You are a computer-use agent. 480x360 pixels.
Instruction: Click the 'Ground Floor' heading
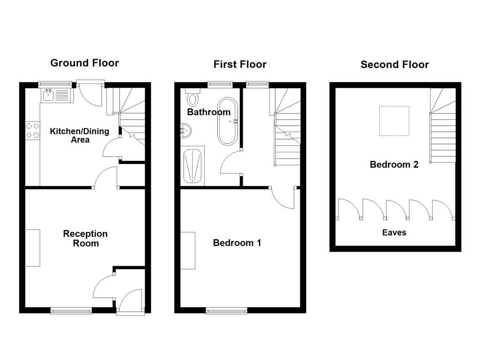[x=84, y=63]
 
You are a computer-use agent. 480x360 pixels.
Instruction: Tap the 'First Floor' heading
[x=240, y=64]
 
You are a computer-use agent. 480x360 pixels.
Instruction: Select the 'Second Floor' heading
[x=395, y=65]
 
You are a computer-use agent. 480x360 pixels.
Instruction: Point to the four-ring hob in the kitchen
[x=32, y=130]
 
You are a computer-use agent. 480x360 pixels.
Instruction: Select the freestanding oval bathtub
[x=228, y=121]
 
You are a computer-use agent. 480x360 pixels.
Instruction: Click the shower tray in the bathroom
[x=192, y=165]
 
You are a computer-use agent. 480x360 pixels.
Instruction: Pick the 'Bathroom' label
[x=209, y=112]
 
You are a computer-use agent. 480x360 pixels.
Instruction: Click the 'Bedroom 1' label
[x=237, y=243]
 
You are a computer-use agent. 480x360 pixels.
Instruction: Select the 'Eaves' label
[x=394, y=232]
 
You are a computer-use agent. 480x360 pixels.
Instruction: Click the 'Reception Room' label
[x=85, y=238]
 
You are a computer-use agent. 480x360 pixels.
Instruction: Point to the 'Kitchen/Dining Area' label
[x=80, y=135]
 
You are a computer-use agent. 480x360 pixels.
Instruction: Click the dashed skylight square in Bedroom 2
[x=394, y=121]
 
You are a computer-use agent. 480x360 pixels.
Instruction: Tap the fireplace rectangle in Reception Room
[x=33, y=247]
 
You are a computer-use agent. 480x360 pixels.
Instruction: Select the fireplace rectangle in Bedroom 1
[x=188, y=250]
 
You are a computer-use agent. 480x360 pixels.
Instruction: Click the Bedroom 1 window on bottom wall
[x=226, y=310]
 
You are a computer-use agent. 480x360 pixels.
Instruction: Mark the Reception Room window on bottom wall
[x=72, y=310]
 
